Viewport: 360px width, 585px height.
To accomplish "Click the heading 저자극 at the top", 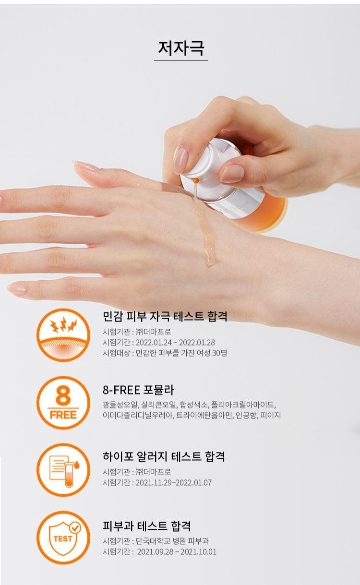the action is click(x=181, y=48).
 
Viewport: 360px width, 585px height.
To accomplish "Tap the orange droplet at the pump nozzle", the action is click(x=195, y=180).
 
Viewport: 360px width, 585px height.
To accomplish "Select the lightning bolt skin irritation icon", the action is click(x=63, y=335).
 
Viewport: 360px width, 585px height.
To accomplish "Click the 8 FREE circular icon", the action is click(x=63, y=403).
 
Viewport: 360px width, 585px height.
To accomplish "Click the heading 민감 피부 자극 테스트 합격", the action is click(x=165, y=316).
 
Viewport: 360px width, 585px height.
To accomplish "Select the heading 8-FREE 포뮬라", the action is click(x=138, y=390).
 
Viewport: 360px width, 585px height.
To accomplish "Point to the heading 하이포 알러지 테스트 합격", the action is click(x=164, y=456).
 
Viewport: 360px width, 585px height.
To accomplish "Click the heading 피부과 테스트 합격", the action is click(x=146, y=525).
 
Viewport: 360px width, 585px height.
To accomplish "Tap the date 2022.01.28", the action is click(x=197, y=342).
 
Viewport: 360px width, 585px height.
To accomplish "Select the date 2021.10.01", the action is click(x=198, y=551).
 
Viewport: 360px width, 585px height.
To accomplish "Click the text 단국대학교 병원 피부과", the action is click(x=172, y=541).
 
